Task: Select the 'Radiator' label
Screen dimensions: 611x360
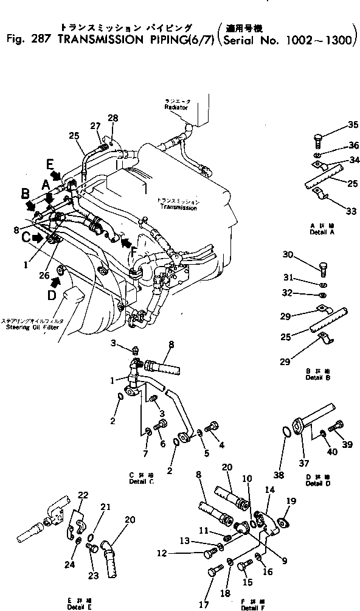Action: pyautogui.click(x=176, y=107)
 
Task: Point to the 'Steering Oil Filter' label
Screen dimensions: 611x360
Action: pyautogui.click(x=28, y=326)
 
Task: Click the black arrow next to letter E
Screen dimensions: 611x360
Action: pyautogui.click(x=56, y=175)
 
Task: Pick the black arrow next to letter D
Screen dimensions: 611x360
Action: pyautogui.click(x=57, y=281)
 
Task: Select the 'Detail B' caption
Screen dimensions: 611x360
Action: pyautogui.click(x=314, y=378)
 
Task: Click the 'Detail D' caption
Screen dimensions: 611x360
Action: pyautogui.click(x=314, y=483)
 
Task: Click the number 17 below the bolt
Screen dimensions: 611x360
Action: pyautogui.click(x=204, y=604)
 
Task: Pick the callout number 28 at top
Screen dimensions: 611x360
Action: pyautogui.click(x=113, y=117)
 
